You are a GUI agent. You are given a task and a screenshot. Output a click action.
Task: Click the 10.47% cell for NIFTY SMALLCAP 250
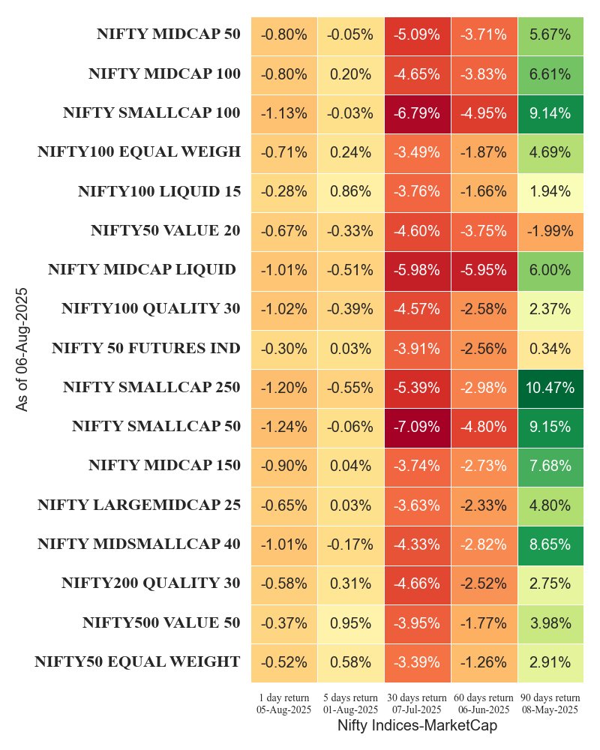pos(550,388)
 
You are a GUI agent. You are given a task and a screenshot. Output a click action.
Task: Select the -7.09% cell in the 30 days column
pos(417,427)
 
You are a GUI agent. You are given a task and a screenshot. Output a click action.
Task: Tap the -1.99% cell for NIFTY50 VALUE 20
pos(550,231)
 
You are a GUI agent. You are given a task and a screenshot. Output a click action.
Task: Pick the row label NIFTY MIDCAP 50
pos(168,34)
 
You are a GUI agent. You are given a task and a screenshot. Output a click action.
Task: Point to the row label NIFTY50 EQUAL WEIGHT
pos(137,662)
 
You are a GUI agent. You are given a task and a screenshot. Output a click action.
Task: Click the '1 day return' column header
pos(283,703)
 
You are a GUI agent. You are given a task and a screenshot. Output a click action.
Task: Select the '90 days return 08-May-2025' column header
pos(550,703)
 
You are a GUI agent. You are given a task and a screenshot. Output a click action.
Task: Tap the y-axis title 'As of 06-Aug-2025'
pos(22,349)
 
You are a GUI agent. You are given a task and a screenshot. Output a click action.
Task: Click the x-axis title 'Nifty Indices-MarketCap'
pos(417,726)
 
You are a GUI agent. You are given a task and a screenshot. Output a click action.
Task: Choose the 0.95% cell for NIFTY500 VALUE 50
pos(350,623)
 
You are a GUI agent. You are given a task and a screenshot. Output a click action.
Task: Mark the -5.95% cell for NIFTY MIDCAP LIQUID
pos(484,270)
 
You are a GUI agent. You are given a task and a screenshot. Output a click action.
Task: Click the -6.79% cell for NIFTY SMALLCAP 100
pos(417,113)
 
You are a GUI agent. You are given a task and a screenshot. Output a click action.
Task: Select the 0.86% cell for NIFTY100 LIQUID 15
pos(350,191)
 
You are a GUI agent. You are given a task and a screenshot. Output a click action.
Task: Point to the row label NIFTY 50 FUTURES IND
pos(146,349)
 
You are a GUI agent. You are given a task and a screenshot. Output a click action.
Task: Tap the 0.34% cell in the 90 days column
pos(550,349)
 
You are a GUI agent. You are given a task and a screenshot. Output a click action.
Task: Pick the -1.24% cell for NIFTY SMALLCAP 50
pos(283,427)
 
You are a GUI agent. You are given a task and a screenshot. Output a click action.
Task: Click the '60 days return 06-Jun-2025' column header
pos(484,703)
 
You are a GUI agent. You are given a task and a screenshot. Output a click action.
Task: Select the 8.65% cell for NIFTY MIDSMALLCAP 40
pos(550,544)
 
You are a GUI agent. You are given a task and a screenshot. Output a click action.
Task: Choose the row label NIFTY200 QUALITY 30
pos(151,583)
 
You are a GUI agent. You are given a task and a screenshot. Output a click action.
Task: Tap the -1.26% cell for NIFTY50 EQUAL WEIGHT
pos(484,662)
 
